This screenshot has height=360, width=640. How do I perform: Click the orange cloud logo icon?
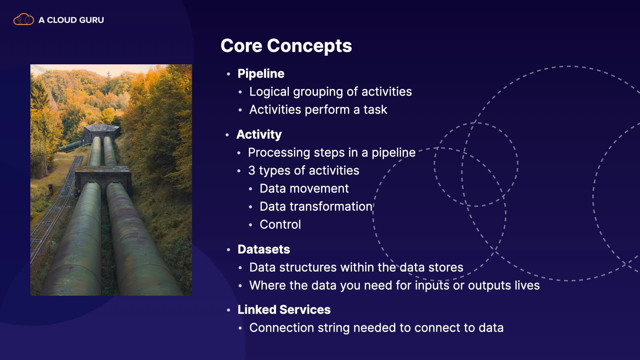(x=23, y=19)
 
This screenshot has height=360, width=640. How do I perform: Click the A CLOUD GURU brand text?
(x=71, y=20)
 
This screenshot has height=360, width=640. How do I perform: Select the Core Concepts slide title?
(x=286, y=46)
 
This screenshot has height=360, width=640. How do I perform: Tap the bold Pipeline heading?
(x=261, y=74)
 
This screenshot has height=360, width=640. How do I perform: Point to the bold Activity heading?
(x=259, y=135)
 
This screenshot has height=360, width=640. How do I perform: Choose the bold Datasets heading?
(x=264, y=249)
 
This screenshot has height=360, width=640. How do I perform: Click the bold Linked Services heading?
(x=284, y=310)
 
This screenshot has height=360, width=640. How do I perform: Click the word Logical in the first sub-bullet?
(x=269, y=92)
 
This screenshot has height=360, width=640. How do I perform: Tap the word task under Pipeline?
(x=375, y=110)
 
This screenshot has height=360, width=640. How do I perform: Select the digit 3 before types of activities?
(x=252, y=171)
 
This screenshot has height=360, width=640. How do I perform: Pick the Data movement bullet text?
(x=304, y=189)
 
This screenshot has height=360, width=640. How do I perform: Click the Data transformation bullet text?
(x=316, y=207)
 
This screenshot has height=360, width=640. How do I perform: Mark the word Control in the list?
(x=280, y=225)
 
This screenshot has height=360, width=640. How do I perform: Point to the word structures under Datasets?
(x=308, y=267)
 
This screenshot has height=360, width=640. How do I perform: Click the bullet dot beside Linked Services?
(x=228, y=310)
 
